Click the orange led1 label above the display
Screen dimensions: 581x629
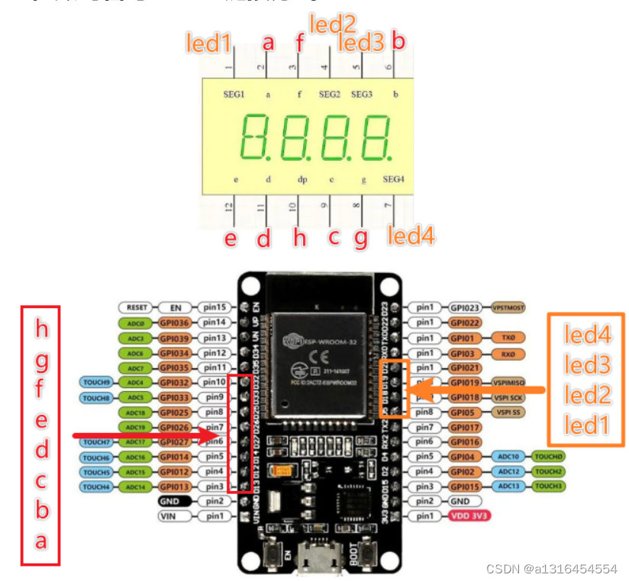(x=208, y=43)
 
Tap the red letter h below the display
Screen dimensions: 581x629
(x=299, y=238)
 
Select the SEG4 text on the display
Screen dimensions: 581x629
(x=393, y=179)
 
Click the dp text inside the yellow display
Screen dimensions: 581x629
(x=302, y=179)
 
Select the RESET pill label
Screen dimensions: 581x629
(x=137, y=307)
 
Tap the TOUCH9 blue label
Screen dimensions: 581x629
(x=97, y=382)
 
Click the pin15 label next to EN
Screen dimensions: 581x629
(x=215, y=307)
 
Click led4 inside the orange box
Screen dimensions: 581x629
(x=587, y=334)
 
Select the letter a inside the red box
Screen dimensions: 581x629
(x=41, y=541)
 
